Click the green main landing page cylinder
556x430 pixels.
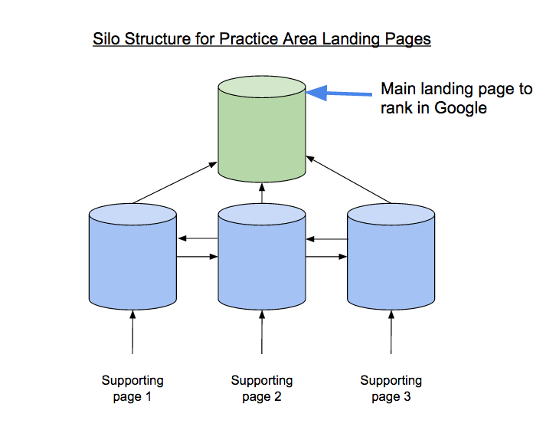coord(262,138)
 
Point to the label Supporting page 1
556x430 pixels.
coord(132,388)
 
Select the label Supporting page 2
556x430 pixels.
coord(262,388)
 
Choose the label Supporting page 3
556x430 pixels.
coord(391,388)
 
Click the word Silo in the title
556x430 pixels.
coord(106,38)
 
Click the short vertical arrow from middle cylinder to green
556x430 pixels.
coord(263,192)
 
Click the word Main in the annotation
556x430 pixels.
coord(398,89)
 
